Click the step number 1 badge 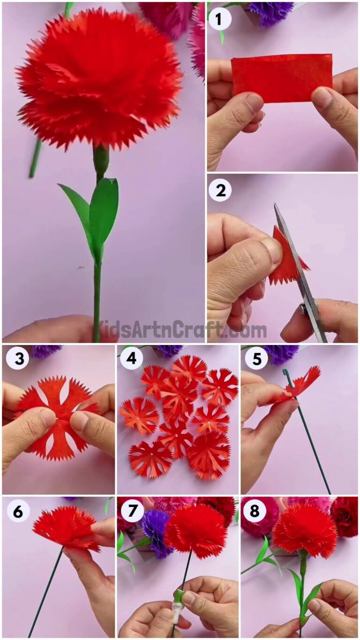pyautogui.click(x=219, y=20)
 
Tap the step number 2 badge pyautogui.click(x=220, y=190)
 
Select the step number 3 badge pyautogui.click(x=19, y=359)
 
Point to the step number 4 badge pyautogui.click(x=131, y=359)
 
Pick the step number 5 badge pyautogui.click(x=256, y=359)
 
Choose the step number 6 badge pyautogui.click(x=17, y=512)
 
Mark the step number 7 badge pyautogui.click(x=131, y=512)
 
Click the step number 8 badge pyautogui.click(x=255, y=512)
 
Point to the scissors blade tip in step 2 pyautogui.click(x=275, y=204)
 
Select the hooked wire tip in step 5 pyautogui.click(x=285, y=371)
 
